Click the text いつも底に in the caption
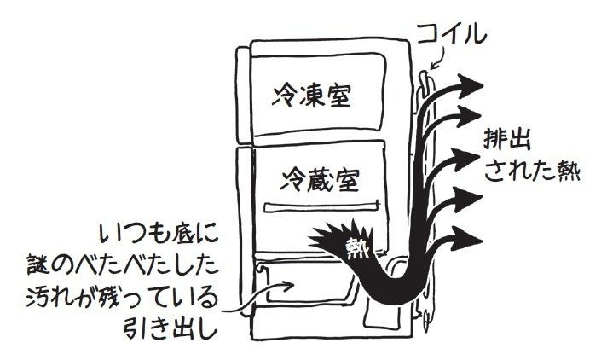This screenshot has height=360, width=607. pyautogui.click(x=159, y=231)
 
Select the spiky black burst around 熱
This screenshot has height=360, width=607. pyautogui.click(x=341, y=243)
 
